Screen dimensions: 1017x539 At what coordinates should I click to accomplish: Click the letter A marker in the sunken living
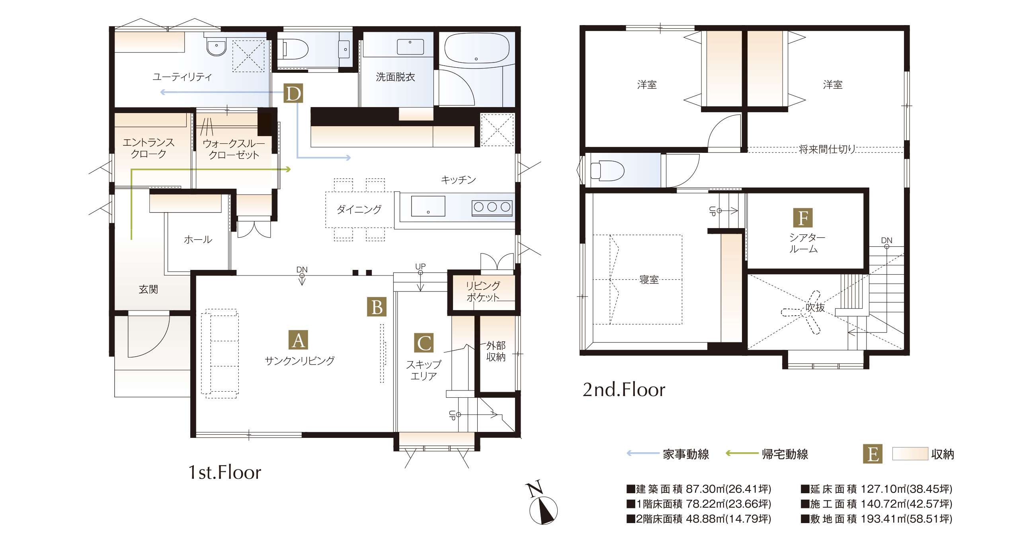click(298, 340)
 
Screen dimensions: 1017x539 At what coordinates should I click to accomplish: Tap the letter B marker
click(377, 307)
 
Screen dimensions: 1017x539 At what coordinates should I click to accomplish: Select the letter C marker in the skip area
click(424, 343)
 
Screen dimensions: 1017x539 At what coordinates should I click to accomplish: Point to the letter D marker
click(293, 94)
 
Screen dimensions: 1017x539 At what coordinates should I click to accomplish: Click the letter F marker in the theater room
click(803, 218)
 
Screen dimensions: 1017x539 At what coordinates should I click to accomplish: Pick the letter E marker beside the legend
click(873, 454)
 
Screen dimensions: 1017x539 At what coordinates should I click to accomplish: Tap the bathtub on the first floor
click(476, 48)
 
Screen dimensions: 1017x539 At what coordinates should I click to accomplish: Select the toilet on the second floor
click(607, 171)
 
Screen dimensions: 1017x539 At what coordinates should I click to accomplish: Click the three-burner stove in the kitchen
click(492, 207)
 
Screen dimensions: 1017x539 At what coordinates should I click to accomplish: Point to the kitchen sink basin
click(428, 206)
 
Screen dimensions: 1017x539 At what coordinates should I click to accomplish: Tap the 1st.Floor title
click(224, 473)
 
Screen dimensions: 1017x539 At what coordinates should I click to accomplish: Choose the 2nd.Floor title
click(624, 390)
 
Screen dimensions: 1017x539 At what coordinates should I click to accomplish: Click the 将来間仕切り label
click(827, 149)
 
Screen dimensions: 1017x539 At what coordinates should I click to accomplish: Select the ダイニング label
click(359, 209)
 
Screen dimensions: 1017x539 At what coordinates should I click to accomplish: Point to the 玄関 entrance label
click(148, 289)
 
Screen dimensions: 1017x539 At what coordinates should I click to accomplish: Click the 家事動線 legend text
click(686, 454)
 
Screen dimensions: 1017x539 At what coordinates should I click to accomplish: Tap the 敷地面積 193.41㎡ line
click(876, 519)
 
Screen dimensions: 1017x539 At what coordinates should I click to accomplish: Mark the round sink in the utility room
click(217, 47)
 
